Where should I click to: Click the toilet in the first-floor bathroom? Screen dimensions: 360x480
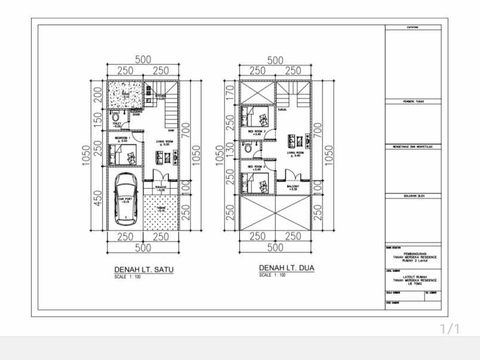tap(115, 118)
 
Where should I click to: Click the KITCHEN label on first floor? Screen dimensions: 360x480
tap(161, 96)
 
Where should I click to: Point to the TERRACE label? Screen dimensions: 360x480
tap(161, 187)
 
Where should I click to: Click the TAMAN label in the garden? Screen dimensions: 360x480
tap(161, 208)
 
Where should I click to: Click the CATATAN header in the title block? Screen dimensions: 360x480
tap(413, 27)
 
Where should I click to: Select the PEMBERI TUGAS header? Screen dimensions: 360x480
tap(413, 101)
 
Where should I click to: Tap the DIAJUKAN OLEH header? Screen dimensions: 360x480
tap(413, 195)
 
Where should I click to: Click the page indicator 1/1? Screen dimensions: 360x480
tap(450, 329)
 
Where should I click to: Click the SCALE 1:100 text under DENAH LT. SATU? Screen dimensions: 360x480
tap(127, 277)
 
